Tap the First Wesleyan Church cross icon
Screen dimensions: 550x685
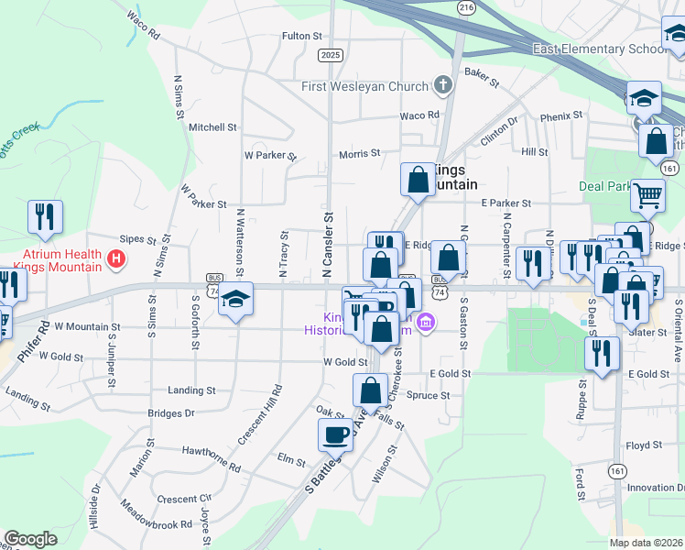tap(443, 87)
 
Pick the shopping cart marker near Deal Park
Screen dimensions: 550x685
tap(647, 194)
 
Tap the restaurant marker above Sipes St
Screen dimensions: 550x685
tap(44, 217)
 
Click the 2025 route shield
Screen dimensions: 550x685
tap(331, 55)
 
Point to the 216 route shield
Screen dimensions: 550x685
tap(467, 7)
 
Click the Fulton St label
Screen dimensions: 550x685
tap(302, 36)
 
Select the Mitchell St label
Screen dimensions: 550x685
tap(212, 127)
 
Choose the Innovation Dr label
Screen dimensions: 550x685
tap(656, 487)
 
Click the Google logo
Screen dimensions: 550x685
tap(30, 539)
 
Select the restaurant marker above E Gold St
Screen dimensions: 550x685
tap(601, 353)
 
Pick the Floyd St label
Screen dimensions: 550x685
tap(645, 445)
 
